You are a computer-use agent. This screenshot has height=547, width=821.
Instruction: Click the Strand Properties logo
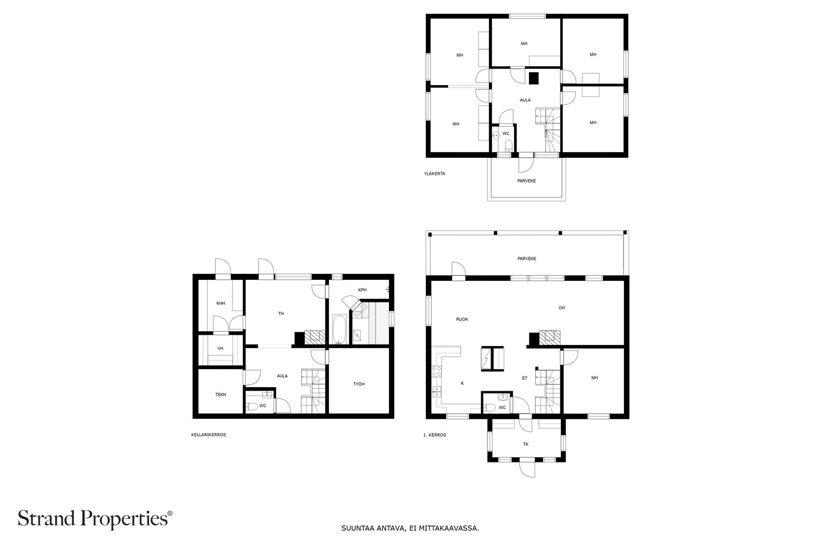[x=95, y=519]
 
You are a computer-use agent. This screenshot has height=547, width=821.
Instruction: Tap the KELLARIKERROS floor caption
[x=208, y=435]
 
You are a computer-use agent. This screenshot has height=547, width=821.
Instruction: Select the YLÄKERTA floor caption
[x=435, y=174]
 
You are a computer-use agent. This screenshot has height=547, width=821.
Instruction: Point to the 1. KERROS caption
[x=435, y=435]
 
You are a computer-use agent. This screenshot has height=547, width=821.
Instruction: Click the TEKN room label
[x=221, y=395]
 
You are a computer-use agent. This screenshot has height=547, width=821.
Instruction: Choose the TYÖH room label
[x=359, y=384]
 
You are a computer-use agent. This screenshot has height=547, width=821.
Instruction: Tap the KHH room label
[x=221, y=303]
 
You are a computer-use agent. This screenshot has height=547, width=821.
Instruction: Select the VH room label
[x=220, y=349]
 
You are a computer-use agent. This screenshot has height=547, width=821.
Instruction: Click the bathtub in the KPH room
[x=339, y=329]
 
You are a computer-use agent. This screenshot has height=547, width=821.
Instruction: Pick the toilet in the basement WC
[x=252, y=406]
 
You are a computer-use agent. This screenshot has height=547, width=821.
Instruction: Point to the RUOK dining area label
[x=462, y=319]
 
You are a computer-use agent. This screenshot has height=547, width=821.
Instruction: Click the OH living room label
[x=561, y=308]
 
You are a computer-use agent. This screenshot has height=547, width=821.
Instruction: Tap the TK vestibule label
[x=526, y=444]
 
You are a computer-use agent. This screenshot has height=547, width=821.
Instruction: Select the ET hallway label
[x=524, y=378]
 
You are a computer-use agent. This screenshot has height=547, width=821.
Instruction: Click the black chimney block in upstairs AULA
[x=534, y=78]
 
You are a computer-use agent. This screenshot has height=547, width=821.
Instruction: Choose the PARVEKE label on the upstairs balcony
[x=526, y=181]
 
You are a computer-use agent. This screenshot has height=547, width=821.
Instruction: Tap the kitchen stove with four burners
[x=437, y=372]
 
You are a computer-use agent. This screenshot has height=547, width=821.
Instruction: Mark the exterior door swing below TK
[x=527, y=470]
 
